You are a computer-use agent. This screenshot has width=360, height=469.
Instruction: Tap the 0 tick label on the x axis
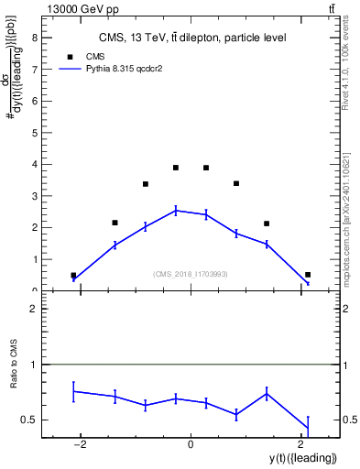pyautogui.click(x=191, y=443)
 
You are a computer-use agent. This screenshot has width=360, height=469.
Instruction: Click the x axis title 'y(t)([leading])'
pyautogui.click(x=301, y=457)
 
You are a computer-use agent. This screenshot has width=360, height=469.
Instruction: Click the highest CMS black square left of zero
pyautogui.click(x=176, y=168)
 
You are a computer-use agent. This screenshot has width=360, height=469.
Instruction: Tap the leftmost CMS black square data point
pyautogui.click(x=73, y=275)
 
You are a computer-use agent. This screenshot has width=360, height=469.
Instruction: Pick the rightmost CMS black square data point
pyautogui.click(x=308, y=275)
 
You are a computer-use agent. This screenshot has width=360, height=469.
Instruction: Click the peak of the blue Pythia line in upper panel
pyautogui.click(x=176, y=210)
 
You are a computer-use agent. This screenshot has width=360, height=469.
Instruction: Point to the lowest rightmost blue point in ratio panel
pyautogui.click(x=308, y=428)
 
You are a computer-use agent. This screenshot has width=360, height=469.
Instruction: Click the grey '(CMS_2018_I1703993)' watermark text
pyautogui.click(x=191, y=274)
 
